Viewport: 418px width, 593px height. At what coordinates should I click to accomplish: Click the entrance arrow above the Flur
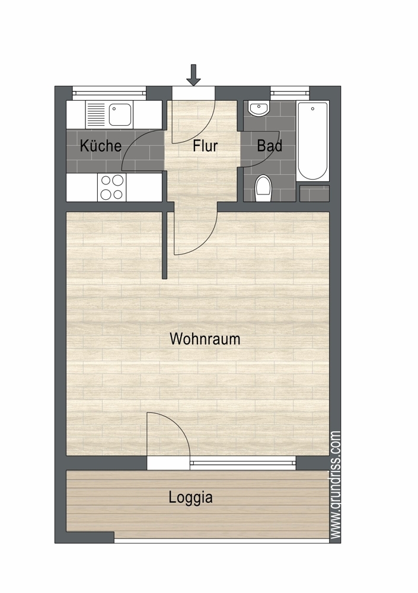click(x=193, y=75)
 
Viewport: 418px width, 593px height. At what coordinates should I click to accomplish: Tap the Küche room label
click(x=101, y=146)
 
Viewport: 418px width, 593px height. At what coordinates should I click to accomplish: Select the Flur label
click(x=205, y=146)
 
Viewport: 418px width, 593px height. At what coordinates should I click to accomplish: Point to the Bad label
click(x=269, y=146)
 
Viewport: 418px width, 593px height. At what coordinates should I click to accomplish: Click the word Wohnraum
click(x=205, y=339)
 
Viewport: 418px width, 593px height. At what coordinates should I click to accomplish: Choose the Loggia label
click(x=191, y=498)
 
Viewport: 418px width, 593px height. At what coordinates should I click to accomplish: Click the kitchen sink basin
click(x=120, y=115)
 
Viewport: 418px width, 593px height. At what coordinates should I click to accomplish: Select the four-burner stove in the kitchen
click(x=112, y=187)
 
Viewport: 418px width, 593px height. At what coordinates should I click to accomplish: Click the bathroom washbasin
click(x=259, y=109)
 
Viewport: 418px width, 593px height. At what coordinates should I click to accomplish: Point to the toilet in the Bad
click(x=263, y=188)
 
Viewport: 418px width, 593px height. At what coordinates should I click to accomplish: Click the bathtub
click(x=313, y=141)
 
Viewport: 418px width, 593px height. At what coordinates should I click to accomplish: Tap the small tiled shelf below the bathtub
click(x=314, y=193)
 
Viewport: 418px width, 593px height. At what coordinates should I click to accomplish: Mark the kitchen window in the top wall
click(x=109, y=93)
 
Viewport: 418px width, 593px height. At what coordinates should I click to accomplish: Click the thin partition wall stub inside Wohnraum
click(x=165, y=246)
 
